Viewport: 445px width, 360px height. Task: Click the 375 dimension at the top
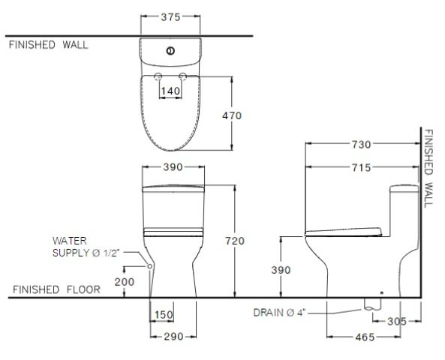pos(172,16)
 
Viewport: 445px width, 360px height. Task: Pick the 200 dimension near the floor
pos(124,281)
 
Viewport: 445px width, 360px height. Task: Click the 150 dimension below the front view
pos(163,314)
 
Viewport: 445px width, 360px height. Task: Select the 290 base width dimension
pos(173,337)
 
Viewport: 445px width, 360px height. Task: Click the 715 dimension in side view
pos(361,168)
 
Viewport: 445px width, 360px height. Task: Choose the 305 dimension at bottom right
pos(397,320)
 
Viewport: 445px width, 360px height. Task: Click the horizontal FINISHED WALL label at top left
pos(48,44)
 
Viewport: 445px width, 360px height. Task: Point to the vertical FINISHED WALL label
pos(428,167)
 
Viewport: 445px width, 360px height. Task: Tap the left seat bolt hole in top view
pos(158,77)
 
